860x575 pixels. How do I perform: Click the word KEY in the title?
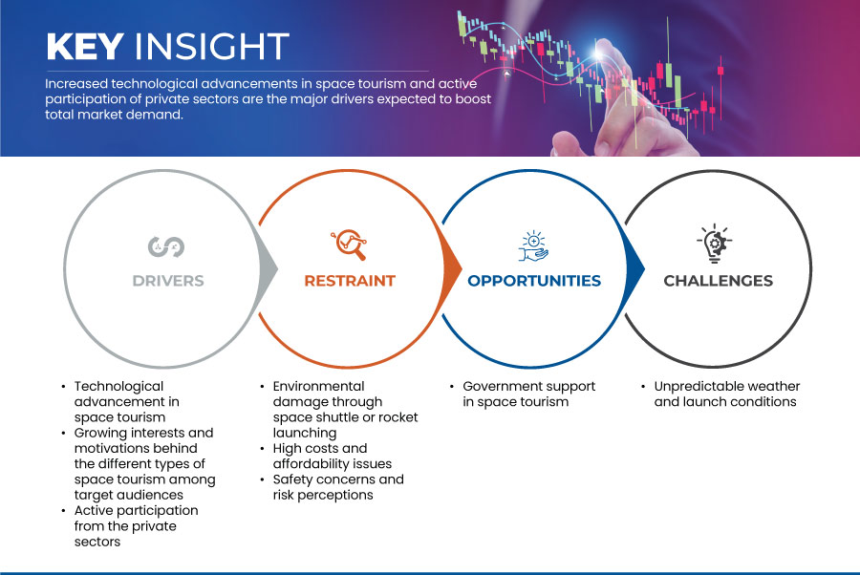85,46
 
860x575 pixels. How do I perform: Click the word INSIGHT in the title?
212,46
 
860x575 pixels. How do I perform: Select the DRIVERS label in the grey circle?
168,281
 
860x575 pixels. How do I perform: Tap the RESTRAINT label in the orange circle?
350,281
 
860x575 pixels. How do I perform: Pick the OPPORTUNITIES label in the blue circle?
534,281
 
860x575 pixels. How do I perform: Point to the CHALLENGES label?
718,281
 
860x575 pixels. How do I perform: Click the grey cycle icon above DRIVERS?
166,247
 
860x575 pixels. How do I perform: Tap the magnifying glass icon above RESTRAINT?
349,245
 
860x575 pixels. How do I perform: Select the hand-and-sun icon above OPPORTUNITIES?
533,246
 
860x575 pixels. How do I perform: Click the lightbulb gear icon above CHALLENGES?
715,244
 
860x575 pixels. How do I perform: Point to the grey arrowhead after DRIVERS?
269,268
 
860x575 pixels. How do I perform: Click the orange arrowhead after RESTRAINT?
452,268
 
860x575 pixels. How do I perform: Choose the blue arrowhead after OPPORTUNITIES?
635,268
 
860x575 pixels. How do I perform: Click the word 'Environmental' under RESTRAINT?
318,387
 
